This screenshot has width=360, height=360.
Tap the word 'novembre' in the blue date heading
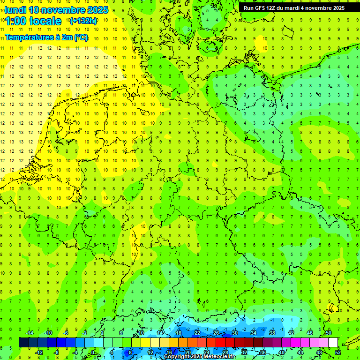click(x=66, y=10)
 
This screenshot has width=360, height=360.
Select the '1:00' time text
click(x=15, y=21)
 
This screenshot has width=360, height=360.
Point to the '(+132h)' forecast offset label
click(x=83, y=21)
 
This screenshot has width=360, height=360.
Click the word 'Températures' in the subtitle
click(x=27, y=37)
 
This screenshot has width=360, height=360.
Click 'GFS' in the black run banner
click(x=260, y=8)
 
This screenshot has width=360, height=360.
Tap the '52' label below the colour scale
click(x=338, y=352)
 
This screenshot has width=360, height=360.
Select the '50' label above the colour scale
click(x=329, y=333)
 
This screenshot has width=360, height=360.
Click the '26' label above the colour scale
click(x=216, y=333)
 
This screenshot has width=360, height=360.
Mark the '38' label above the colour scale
click(x=272, y=333)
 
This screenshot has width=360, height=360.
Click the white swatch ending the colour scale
click(x=333, y=343)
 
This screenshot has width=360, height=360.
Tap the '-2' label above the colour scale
click(x=85, y=333)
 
